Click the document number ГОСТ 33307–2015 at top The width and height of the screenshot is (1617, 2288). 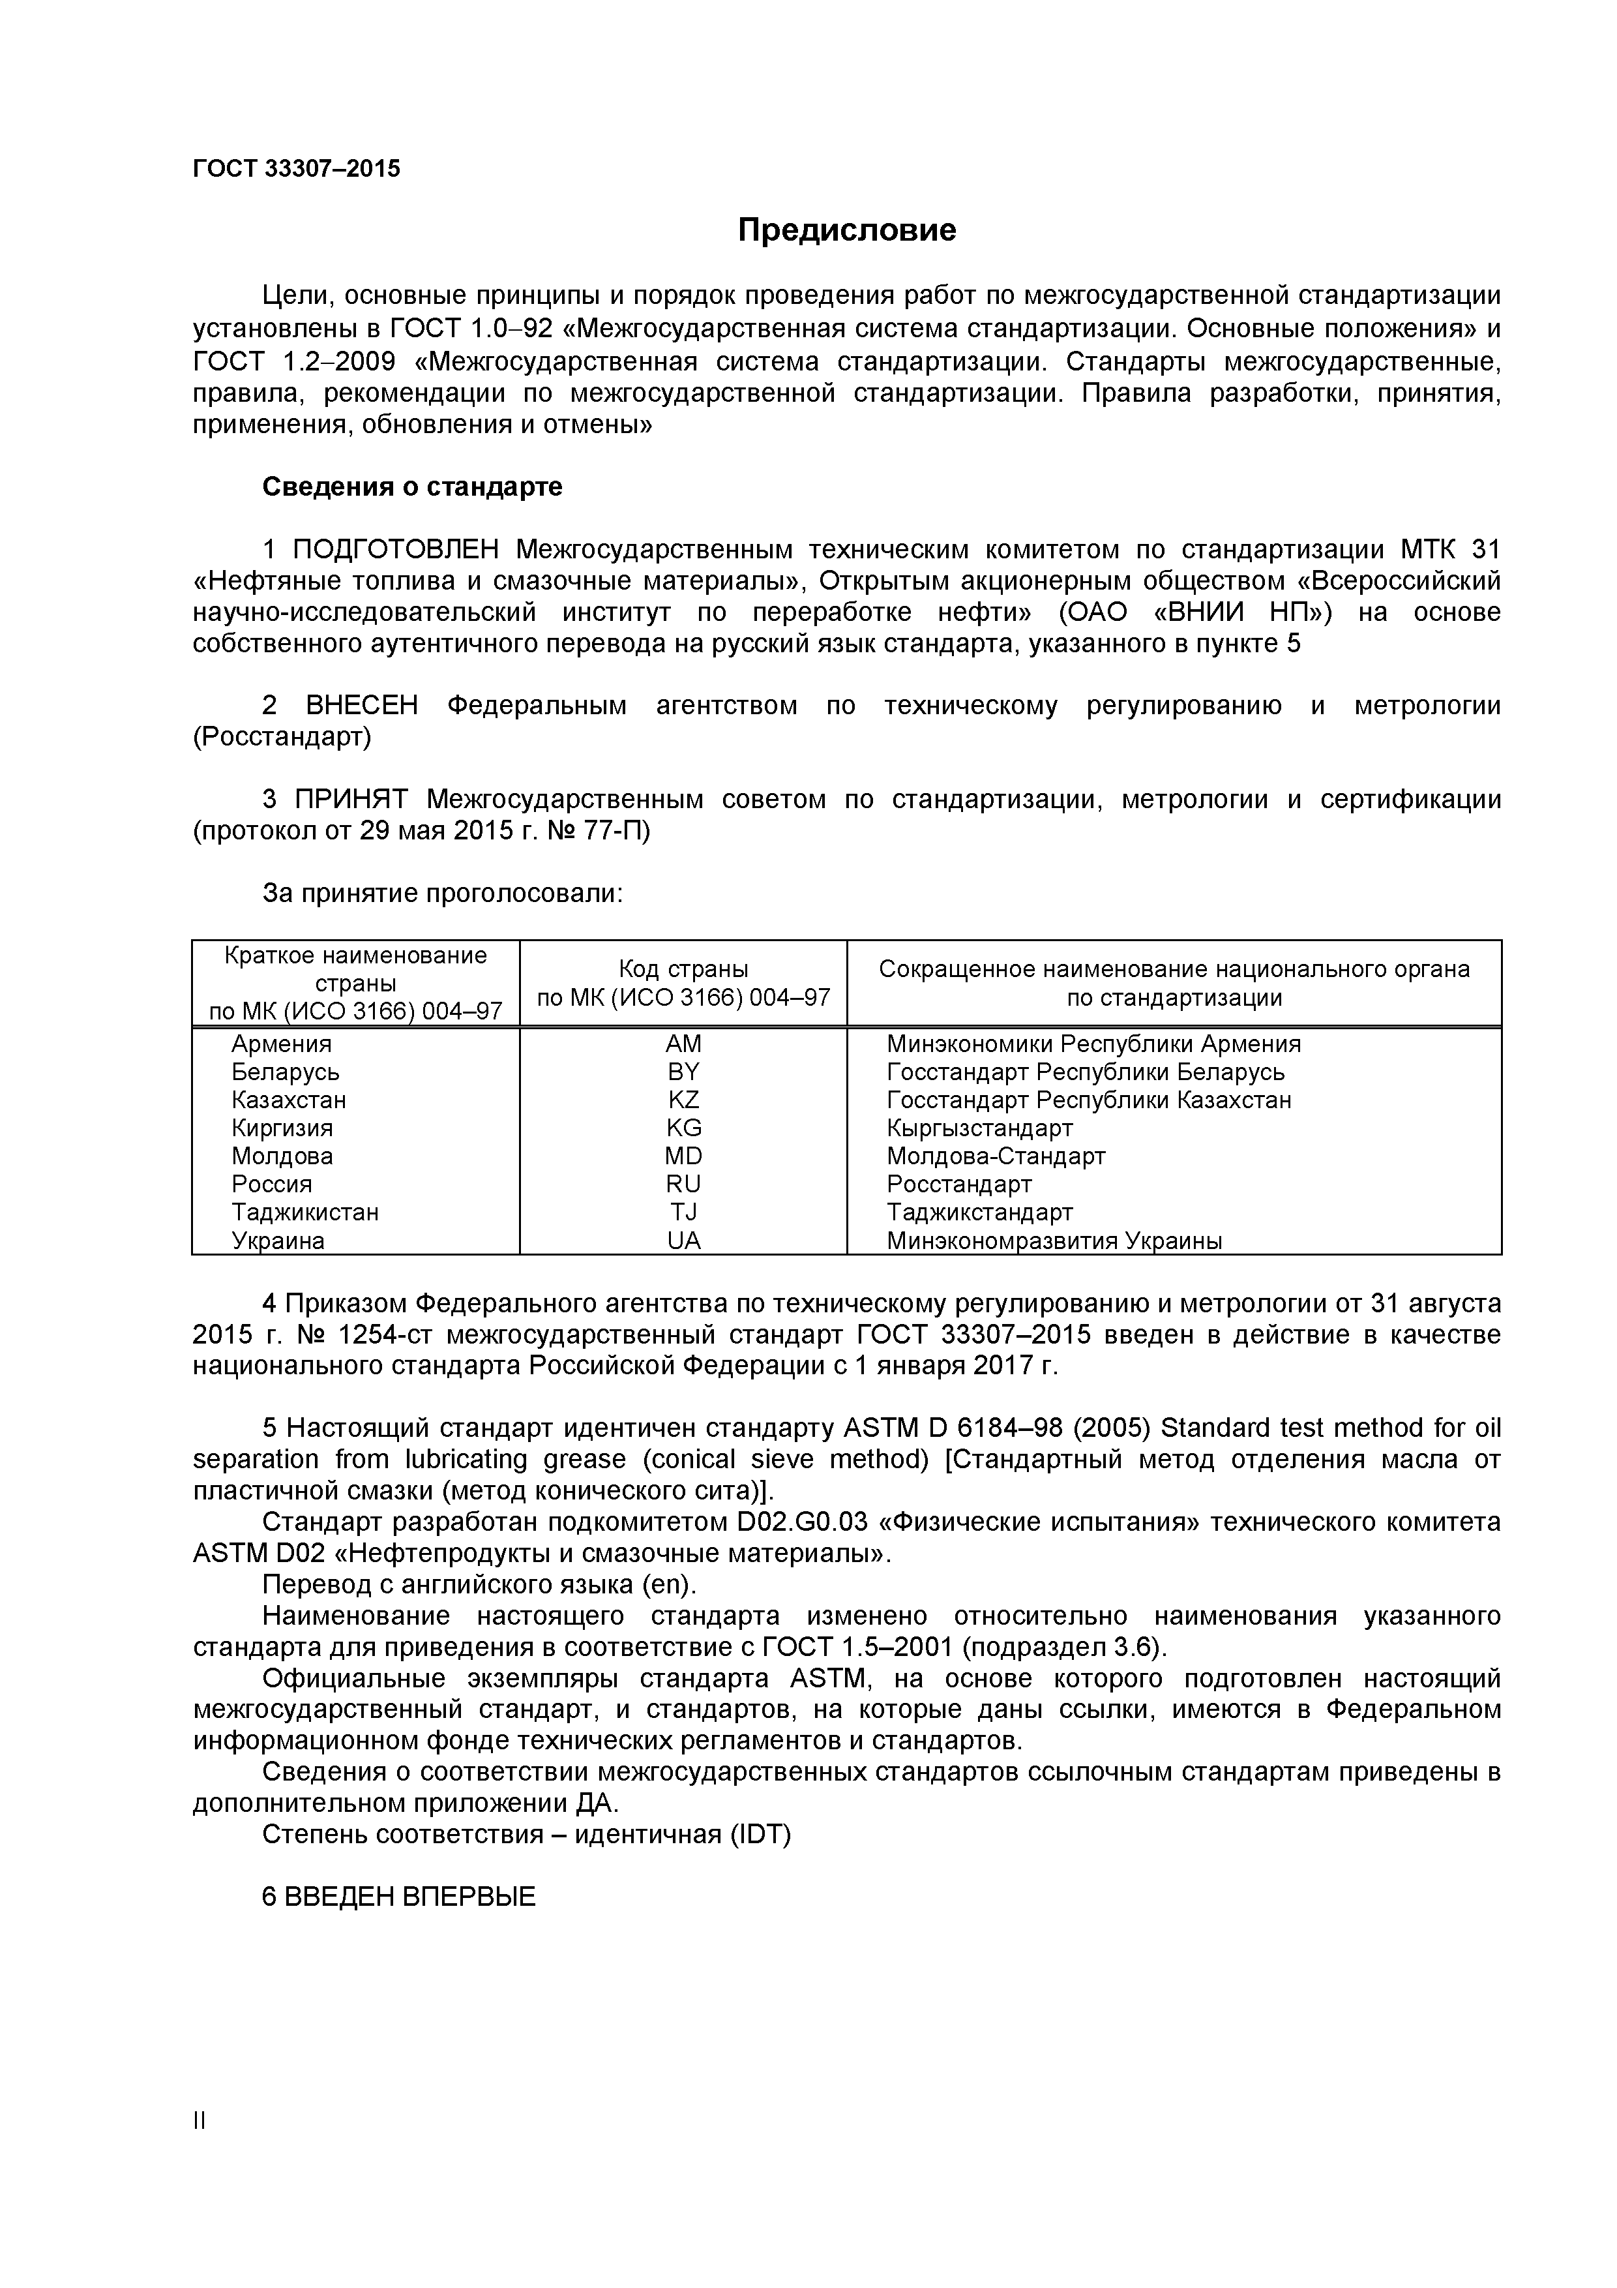(x=296, y=168)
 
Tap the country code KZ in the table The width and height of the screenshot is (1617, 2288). (x=683, y=1100)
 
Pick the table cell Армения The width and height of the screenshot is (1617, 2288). (x=281, y=1044)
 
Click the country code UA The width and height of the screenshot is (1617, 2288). (x=683, y=1241)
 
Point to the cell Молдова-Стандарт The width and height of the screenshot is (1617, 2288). (x=996, y=1156)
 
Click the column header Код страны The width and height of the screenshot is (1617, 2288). (x=683, y=969)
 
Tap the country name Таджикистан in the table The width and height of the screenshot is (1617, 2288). (x=305, y=1212)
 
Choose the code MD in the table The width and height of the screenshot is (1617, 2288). (x=683, y=1156)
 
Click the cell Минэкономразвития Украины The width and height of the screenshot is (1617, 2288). (x=1054, y=1241)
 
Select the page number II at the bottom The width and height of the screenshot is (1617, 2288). (x=198, y=2122)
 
